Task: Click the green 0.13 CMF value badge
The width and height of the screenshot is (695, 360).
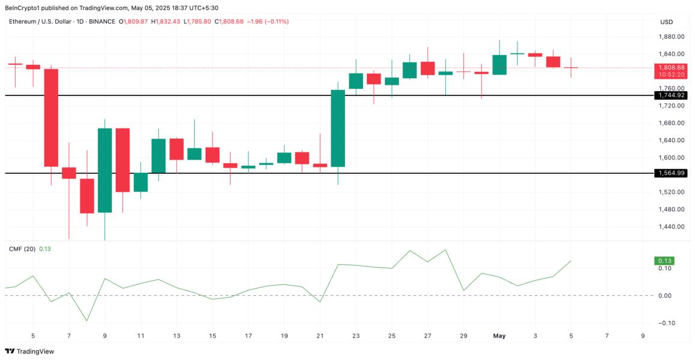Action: (x=665, y=261)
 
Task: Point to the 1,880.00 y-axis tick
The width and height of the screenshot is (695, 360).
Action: (x=672, y=37)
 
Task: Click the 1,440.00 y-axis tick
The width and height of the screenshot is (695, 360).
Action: (x=672, y=227)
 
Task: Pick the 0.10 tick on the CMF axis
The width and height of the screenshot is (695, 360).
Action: (x=664, y=268)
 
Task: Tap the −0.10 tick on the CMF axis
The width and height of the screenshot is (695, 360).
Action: (x=663, y=323)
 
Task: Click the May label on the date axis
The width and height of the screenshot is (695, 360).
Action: (x=499, y=336)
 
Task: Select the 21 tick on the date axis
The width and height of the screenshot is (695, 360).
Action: (x=320, y=336)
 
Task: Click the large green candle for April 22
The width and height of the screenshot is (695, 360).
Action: (x=338, y=128)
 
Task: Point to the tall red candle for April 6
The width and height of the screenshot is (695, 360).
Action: (x=51, y=118)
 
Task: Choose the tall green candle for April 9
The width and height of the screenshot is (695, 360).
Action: (x=105, y=170)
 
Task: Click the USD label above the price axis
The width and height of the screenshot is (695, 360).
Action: (x=666, y=22)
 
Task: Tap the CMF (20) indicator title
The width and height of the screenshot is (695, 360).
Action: (x=22, y=248)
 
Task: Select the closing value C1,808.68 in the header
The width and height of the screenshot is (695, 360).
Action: (x=243, y=22)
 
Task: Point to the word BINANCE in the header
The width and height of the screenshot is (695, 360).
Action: (x=101, y=22)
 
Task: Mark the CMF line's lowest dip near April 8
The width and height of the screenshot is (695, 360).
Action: (x=87, y=320)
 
